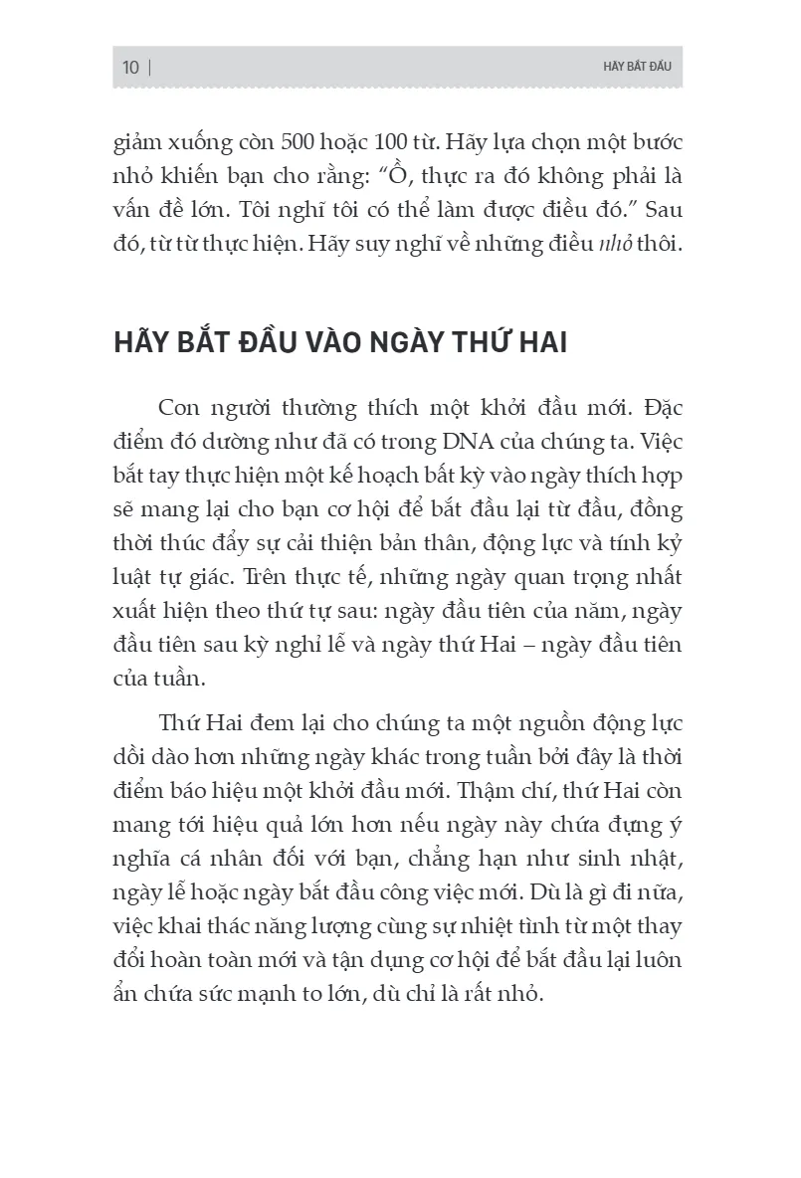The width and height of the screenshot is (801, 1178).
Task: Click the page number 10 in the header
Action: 130,68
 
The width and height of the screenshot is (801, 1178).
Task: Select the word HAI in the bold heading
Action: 536,343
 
